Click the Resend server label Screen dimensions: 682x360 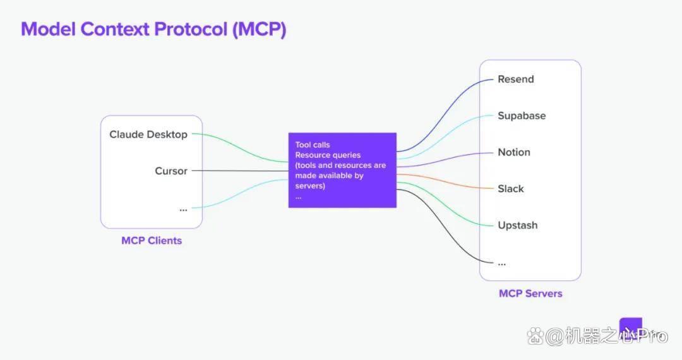[515, 79]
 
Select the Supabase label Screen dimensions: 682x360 [522, 116]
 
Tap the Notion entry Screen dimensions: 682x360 [513, 152]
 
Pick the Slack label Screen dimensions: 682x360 [511, 189]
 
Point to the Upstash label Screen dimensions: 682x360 [518, 225]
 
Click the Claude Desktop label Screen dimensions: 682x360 [148, 135]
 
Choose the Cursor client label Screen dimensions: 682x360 [171, 171]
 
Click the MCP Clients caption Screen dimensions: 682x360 [152, 241]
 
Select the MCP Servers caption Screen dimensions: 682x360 [530, 294]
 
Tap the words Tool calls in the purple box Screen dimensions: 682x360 [313, 145]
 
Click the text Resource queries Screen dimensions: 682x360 [328, 155]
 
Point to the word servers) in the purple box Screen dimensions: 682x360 [310, 186]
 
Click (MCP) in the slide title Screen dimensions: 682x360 [260, 29]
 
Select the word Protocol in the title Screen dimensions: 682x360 [191, 29]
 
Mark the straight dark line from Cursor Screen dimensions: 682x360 [240, 171]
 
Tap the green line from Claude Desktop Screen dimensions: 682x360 [240, 148]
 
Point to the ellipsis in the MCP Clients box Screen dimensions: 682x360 [183, 210]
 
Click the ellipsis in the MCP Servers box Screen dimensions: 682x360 [502, 264]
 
